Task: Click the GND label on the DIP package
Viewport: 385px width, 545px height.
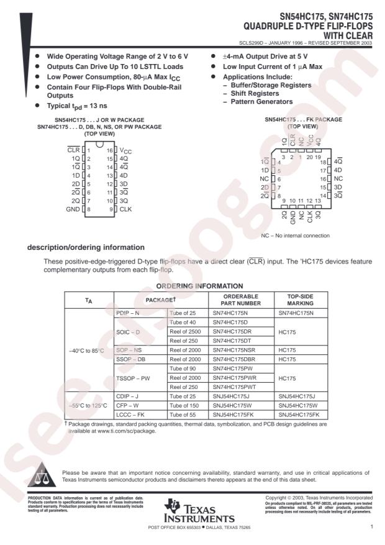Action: point(72,209)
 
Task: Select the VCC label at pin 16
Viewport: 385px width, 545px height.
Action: point(126,150)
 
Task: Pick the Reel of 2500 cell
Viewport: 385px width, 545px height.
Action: point(188,332)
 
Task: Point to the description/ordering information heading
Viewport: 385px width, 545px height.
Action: point(86,248)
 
